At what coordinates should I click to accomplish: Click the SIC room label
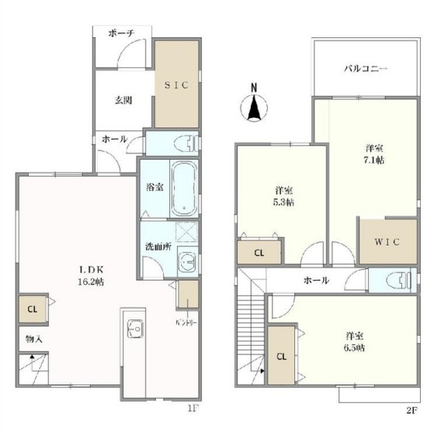tap(176, 85)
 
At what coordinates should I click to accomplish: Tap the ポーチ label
tap(121, 33)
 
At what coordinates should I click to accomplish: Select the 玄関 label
tap(123, 100)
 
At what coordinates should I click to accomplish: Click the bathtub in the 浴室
tap(184, 189)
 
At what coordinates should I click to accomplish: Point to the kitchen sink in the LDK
tap(135, 329)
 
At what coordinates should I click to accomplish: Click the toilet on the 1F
tap(186, 143)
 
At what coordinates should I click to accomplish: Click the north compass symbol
tap(254, 104)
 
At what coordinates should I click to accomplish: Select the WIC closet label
tap(387, 242)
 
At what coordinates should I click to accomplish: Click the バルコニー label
tap(366, 69)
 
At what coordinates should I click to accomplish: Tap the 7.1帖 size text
tap(374, 160)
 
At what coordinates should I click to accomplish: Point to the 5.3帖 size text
tap(283, 202)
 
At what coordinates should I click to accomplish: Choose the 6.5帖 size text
tap(354, 348)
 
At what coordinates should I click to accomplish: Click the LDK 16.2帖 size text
tap(91, 282)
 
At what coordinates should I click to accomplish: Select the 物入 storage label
tap(34, 339)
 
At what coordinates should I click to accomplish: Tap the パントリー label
tap(186, 323)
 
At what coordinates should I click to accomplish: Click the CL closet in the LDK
tap(33, 309)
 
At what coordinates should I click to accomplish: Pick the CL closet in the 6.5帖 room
tap(281, 356)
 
